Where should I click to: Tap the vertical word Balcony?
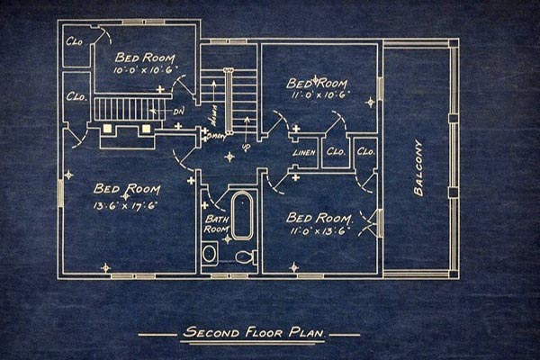point(418,167)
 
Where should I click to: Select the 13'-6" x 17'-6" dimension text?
point(126,204)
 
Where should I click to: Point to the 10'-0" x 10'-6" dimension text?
point(147,70)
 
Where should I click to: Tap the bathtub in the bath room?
point(242,214)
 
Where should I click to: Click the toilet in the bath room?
point(245,256)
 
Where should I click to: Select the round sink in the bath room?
point(210,254)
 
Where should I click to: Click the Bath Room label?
point(217,223)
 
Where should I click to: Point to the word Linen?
point(304,153)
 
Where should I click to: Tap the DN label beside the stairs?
point(178,112)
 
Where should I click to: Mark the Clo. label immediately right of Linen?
point(336,152)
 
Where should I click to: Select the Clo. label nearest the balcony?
point(365,151)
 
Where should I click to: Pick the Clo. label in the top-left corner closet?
point(74,42)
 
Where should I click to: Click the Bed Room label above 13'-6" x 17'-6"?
point(127,189)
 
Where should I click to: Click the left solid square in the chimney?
point(109,129)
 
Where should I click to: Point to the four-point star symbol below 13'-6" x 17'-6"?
point(105,266)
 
